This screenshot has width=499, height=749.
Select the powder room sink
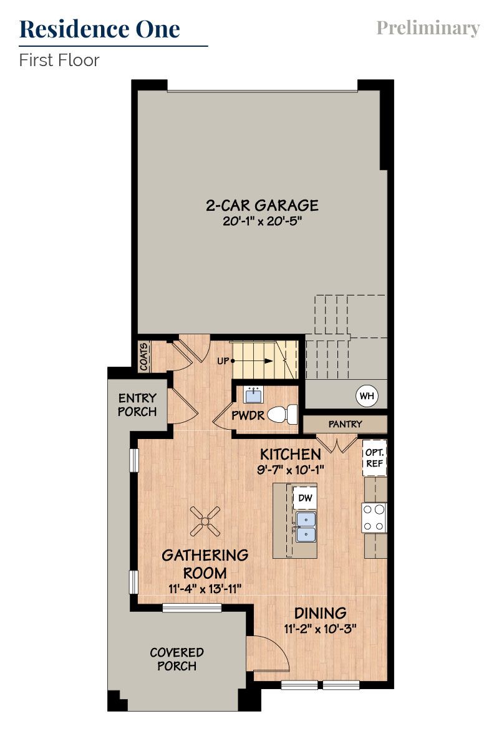tap(253, 395)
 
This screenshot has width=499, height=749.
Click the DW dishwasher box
tap(305, 498)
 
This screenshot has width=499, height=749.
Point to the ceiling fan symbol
tap(205, 520)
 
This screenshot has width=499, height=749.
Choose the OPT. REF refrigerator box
tap(374, 458)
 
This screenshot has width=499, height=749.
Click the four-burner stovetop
tap(374, 518)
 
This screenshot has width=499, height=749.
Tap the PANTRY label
tap(345, 424)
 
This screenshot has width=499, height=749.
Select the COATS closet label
tap(144, 356)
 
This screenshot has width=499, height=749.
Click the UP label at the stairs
tap(223, 361)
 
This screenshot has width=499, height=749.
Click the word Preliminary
tap(428, 28)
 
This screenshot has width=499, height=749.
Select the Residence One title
tap(100, 29)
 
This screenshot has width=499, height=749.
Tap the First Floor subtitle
tap(59, 60)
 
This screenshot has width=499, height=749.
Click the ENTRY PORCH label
tap(137, 405)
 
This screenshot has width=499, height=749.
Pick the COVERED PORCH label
tap(177, 659)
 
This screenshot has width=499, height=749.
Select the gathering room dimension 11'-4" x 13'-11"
tap(205, 588)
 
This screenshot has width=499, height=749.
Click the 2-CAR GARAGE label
tap(262, 205)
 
